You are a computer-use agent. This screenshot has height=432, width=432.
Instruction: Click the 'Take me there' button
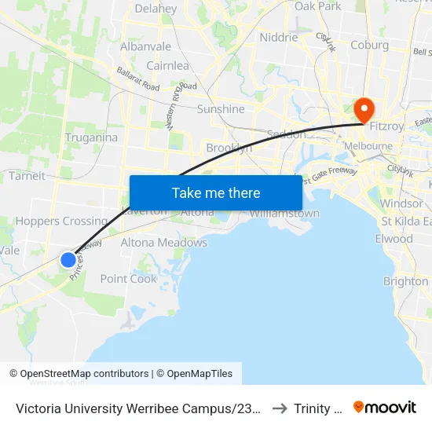pos(215,192)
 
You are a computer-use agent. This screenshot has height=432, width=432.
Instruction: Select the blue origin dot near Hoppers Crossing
pos(68,259)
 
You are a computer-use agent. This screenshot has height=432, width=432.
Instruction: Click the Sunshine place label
pos(221,109)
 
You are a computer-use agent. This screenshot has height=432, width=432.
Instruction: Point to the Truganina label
pos(93,137)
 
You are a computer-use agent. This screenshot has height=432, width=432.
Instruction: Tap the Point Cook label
pos(129,279)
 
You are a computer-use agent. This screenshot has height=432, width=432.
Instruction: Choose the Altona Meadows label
pos(163,243)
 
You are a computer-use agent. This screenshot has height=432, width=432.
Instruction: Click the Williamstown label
pos(284,214)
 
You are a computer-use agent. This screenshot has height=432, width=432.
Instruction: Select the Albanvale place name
pos(145,47)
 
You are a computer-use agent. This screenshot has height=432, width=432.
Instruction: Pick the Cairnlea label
pos(167,66)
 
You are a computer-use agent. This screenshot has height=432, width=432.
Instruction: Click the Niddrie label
pos(278,37)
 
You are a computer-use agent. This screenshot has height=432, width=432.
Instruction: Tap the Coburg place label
pos(369,45)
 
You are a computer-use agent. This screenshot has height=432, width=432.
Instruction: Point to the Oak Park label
pos(318,6)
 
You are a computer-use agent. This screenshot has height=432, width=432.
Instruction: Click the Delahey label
pos(156,9)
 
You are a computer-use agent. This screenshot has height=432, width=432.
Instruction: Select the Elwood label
pos(394,239)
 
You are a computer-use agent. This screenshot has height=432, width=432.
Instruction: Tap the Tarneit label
pos(27,176)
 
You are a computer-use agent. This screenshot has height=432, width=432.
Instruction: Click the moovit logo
pos(385,407)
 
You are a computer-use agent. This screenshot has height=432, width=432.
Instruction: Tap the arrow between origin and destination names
pos(278,408)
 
